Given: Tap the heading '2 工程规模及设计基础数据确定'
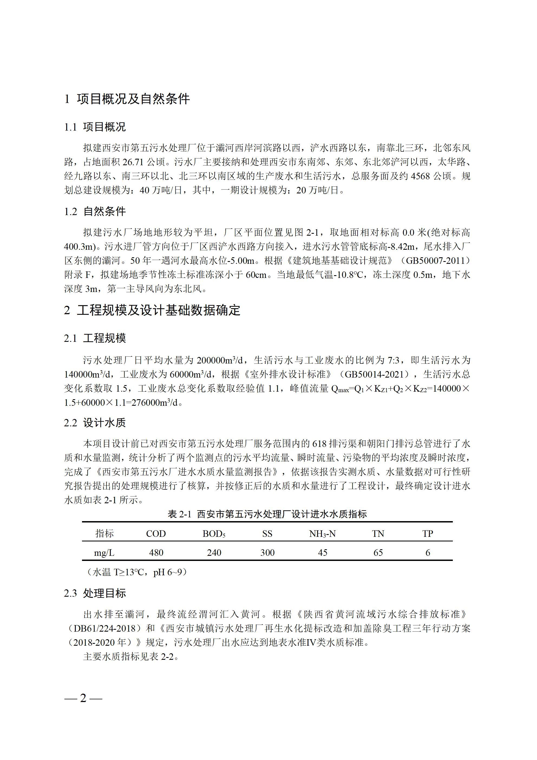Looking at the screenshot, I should tap(152, 310).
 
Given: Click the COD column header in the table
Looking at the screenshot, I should tap(156, 534).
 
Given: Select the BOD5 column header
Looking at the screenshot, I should tap(214, 534).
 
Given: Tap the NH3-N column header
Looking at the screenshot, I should tap(322, 534).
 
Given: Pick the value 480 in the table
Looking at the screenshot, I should tap(156, 553).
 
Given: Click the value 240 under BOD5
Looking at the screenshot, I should tap(214, 553).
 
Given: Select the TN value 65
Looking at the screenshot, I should tap(378, 553).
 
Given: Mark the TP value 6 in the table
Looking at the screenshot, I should tap(427, 553).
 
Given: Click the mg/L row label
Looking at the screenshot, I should tap(104, 553).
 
